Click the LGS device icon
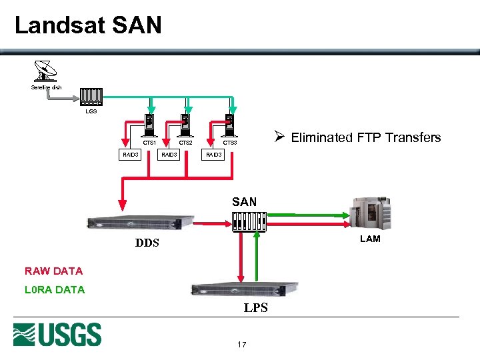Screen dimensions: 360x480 click(91, 97)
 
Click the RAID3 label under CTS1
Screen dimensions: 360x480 click(130, 155)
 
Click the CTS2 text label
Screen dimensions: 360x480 click(185, 143)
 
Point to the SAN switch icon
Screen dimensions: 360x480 click(249, 221)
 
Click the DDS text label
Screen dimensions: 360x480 click(147, 243)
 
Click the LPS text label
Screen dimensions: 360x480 click(255, 308)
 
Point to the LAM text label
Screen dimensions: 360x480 click(370, 239)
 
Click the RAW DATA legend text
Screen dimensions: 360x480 click(53, 271)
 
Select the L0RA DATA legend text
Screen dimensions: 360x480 click(55, 290)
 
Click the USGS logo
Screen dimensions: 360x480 click(57, 335)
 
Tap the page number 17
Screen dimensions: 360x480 click(241, 345)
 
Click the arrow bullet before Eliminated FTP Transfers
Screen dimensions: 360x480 click(280, 137)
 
